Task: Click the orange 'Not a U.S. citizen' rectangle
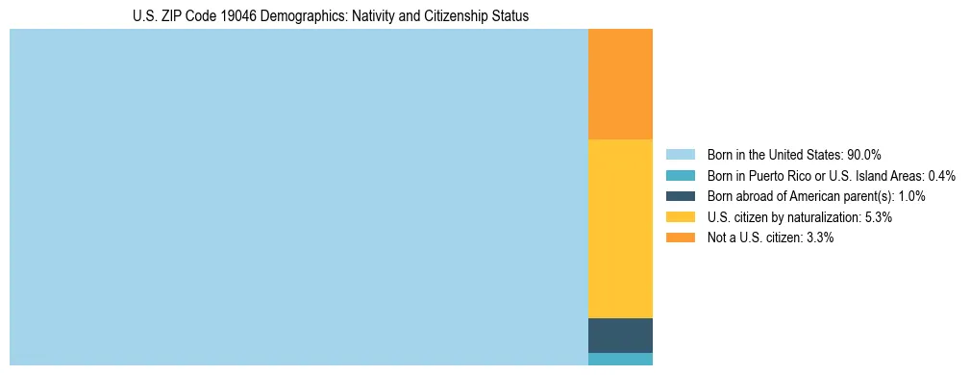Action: click(620, 85)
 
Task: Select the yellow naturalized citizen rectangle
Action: click(620, 229)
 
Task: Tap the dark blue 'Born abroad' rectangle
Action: click(620, 335)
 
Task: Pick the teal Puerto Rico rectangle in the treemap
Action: click(620, 359)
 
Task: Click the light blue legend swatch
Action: click(680, 155)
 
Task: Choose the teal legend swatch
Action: click(680, 176)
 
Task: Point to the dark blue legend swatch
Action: click(680, 196)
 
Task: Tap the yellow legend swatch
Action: click(680, 217)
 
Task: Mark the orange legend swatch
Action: click(680, 237)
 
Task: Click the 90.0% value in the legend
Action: click(864, 155)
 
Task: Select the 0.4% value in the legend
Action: click(942, 176)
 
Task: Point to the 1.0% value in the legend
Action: click(911, 196)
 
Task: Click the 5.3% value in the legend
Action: click(879, 217)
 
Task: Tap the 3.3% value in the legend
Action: click(820, 237)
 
